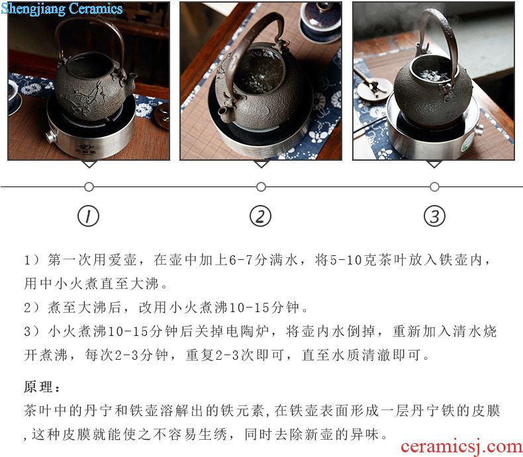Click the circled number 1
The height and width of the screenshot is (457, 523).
89,216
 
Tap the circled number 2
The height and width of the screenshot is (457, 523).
260,216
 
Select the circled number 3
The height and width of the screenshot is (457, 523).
434,216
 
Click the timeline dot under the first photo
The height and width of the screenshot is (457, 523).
89,187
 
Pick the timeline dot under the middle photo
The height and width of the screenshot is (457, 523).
261,187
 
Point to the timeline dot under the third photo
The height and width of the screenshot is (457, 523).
434,187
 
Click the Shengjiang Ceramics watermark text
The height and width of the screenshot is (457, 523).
62,9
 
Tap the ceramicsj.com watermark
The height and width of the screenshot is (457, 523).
461,446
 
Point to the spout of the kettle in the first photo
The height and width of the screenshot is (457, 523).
131,79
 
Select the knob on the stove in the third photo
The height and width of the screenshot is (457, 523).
479,129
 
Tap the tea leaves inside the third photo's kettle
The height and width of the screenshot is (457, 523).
433,75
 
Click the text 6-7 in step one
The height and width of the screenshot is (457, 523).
240,260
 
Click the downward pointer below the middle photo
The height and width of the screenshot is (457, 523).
261,163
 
